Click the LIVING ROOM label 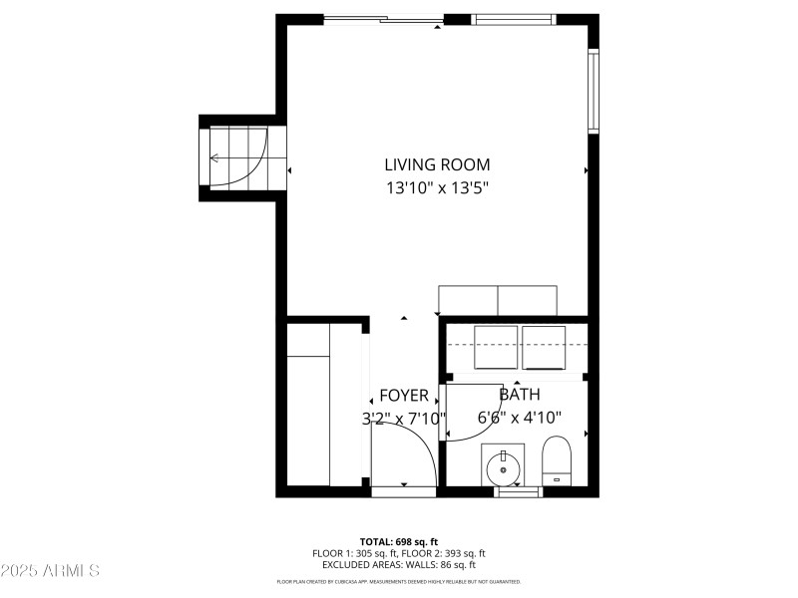[437, 164]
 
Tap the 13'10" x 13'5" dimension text [437, 186]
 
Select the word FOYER [404, 396]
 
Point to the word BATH [519, 395]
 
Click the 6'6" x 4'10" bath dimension [519, 418]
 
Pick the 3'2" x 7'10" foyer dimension [404, 419]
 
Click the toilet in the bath [556, 459]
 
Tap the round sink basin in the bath [503, 465]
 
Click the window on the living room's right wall [593, 92]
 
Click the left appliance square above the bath [495, 347]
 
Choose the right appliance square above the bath [543, 347]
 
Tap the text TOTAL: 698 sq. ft [398, 541]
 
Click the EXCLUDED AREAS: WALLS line [398, 564]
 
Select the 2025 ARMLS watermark [50, 571]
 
